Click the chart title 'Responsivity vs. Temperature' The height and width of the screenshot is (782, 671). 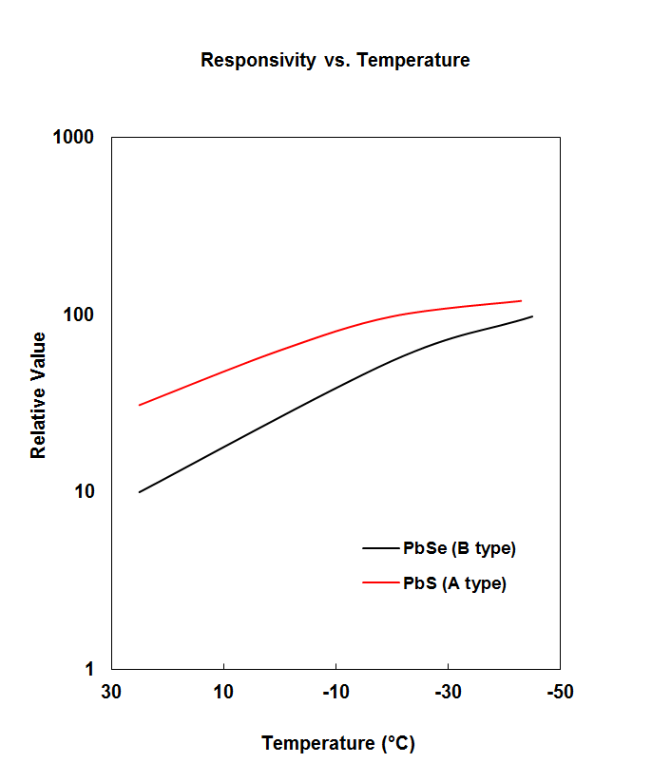tap(335, 61)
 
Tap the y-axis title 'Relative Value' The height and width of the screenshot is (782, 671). tap(39, 395)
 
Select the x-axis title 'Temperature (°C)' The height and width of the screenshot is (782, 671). tap(338, 743)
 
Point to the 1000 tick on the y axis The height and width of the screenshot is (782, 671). tap(72, 138)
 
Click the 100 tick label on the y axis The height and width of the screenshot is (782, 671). tap(78, 315)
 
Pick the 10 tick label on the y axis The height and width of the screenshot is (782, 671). tap(84, 492)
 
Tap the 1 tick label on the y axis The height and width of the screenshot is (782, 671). tap(89, 669)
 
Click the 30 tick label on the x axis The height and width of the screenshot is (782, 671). tap(111, 692)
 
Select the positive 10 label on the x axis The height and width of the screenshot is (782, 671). tap(223, 692)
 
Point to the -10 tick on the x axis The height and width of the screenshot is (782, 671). tap(335, 692)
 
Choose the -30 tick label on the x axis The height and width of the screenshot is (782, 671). tap(448, 692)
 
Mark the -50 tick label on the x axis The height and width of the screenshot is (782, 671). tap(560, 692)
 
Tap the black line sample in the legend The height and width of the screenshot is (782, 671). tap(381, 548)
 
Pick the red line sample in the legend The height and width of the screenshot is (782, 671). tap(381, 583)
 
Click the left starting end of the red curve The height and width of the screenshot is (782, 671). tap(140, 406)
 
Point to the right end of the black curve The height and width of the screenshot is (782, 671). tap(532, 316)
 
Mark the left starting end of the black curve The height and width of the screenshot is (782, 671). tap(140, 492)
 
